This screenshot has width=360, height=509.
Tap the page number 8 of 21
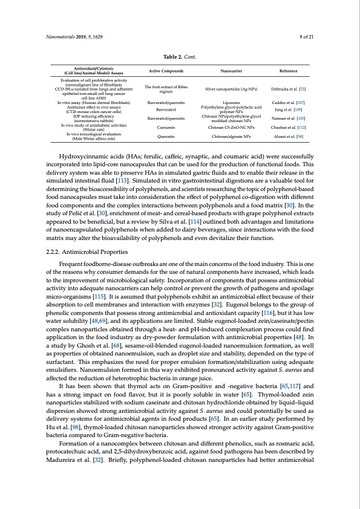[x=307, y=37]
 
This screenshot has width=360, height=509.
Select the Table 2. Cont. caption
[x=180, y=57]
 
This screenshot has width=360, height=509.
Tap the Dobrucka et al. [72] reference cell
[x=287, y=89]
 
